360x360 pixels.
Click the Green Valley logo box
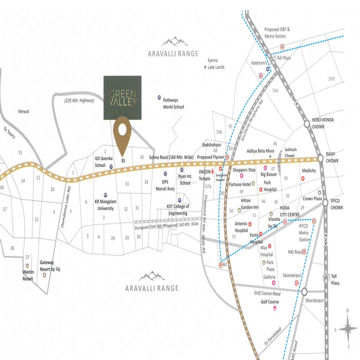click(x=122, y=97)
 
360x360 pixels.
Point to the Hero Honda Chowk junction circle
click(x=307, y=124)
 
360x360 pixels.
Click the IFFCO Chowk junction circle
click(x=325, y=202)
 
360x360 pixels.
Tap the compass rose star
click(x=348, y=329)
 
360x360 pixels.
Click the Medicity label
click(x=309, y=171)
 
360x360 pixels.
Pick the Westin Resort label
click(x=28, y=275)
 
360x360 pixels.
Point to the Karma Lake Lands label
click(x=216, y=64)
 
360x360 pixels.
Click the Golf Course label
click(x=269, y=302)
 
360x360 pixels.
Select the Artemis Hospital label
click(x=241, y=227)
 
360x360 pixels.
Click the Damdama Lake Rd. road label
click(x=66, y=207)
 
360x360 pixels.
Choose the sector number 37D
click(x=331, y=79)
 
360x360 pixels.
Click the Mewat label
click(x=24, y=112)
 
